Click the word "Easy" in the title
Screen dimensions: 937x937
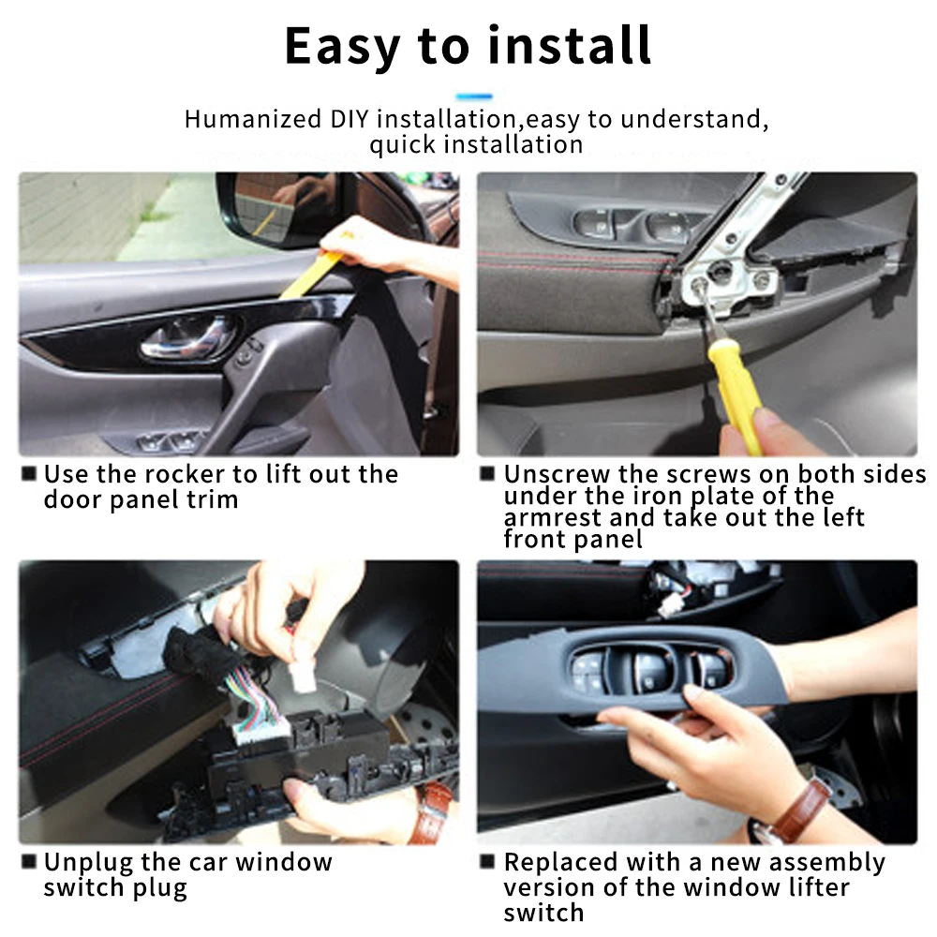tap(342, 47)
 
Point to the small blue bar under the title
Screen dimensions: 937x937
tap(474, 97)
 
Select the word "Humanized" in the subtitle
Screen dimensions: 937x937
tap(253, 119)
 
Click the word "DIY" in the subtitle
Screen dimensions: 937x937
tap(350, 119)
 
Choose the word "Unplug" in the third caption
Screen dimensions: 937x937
tap(89, 864)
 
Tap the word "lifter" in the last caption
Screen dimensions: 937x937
tap(818, 888)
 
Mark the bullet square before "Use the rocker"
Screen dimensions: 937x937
tap(29, 474)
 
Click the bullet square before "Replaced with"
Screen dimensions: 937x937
tap(487, 862)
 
